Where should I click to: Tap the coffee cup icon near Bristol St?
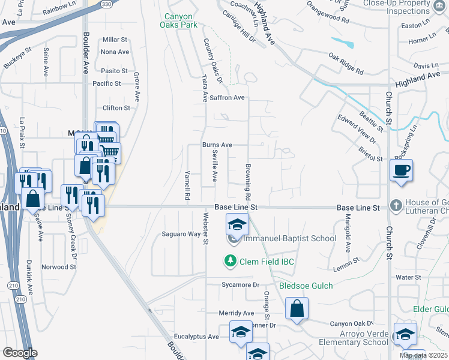(x=401, y=170)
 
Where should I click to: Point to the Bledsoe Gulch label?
(x=306, y=286)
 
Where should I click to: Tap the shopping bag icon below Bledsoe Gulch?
(x=297, y=309)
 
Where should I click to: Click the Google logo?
(x=20, y=353)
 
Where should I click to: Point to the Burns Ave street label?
(x=217, y=145)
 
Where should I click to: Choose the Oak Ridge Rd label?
(x=346, y=64)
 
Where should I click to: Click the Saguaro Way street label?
(x=181, y=234)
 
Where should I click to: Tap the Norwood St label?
(x=59, y=266)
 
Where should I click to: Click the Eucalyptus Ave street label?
(x=196, y=337)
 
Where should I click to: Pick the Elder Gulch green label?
(x=430, y=309)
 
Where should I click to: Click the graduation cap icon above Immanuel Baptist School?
(x=237, y=225)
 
